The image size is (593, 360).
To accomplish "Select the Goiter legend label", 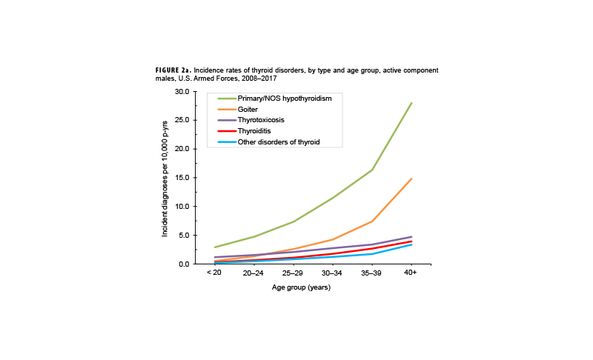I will click(x=248, y=110).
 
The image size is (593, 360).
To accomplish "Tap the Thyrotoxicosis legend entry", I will click(x=260, y=120).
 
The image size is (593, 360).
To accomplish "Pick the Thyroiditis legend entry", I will click(x=254, y=130).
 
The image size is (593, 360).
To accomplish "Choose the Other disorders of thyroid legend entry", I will click(x=278, y=141).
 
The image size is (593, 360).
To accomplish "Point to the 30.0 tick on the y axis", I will click(x=182, y=91).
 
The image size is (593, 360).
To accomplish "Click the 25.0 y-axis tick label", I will click(x=182, y=120).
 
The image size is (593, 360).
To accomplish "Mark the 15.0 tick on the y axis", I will click(x=182, y=178).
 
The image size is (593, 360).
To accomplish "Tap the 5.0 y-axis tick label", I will click(x=185, y=236).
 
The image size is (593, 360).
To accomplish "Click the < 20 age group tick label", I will click(x=213, y=273).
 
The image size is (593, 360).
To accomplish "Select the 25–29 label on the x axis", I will click(x=293, y=273).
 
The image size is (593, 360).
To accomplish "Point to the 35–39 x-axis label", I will click(x=371, y=273).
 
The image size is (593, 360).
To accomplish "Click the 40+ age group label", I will click(x=411, y=273).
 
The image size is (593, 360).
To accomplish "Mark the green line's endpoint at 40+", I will click(x=411, y=103).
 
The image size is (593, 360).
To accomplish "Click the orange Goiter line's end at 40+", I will click(x=411, y=179).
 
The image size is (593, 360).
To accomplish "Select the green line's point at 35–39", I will click(x=372, y=170).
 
